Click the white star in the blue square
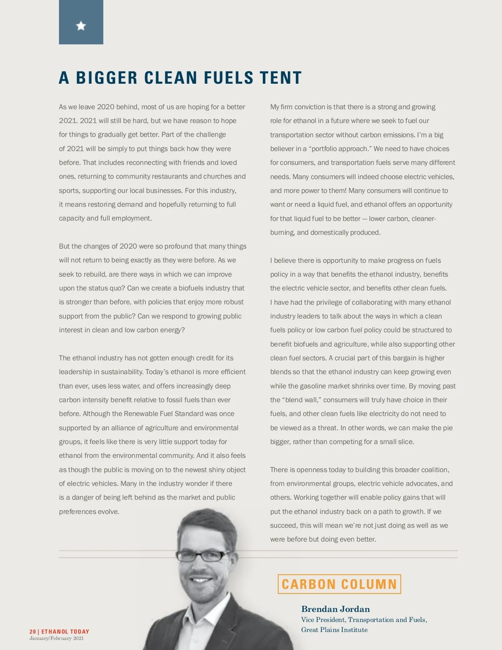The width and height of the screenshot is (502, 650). (81, 26)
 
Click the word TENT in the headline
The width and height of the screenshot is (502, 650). (281, 78)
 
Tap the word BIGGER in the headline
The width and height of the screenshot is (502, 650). (107, 78)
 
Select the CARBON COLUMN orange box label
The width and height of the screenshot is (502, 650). (339, 584)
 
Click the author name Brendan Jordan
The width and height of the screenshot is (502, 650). (336, 609)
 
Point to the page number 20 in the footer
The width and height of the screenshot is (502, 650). (33, 632)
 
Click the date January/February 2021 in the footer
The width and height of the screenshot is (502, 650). (56, 638)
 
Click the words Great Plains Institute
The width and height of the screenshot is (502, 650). (334, 629)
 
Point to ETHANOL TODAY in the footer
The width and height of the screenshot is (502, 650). (65, 632)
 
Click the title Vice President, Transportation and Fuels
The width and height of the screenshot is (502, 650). (364, 619)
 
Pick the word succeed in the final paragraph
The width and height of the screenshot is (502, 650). (284, 525)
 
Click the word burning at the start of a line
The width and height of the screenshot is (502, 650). (282, 233)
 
